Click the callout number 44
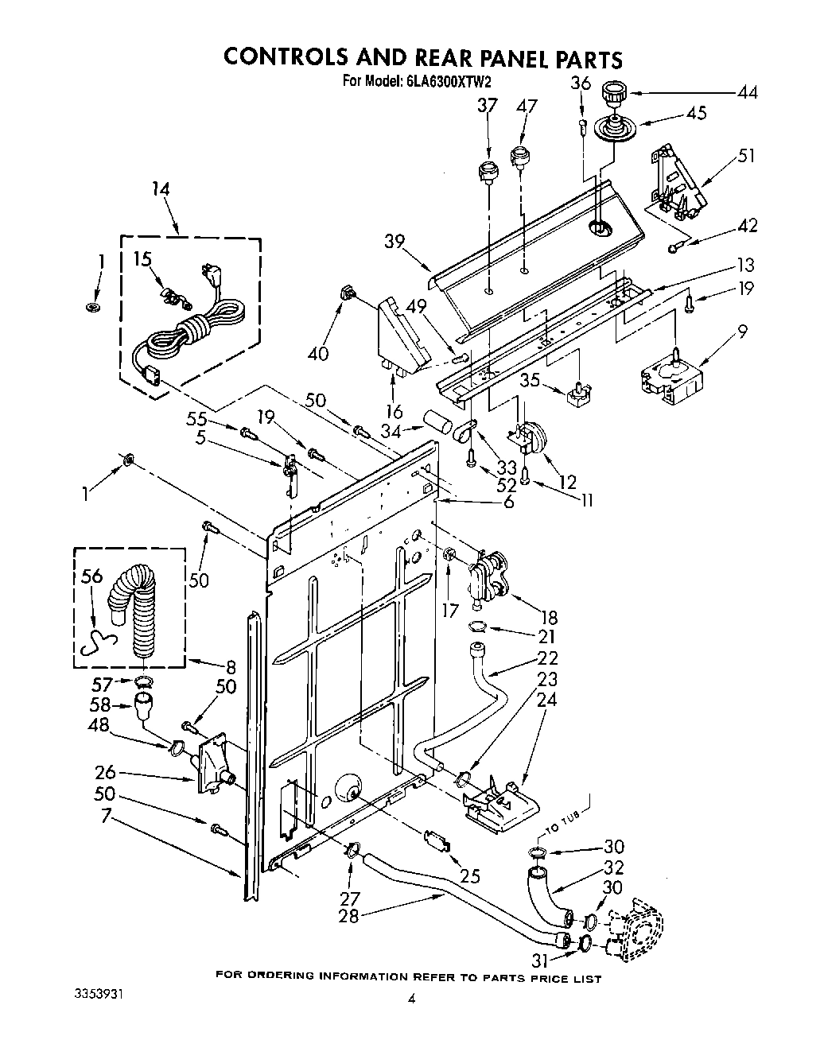pyautogui.click(x=747, y=92)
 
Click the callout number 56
pyautogui.click(x=92, y=576)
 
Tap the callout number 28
pyautogui.click(x=348, y=915)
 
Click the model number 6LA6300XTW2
pyautogui.click(x=446, y=80)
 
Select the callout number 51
pyautogui.click(x=747, y=156)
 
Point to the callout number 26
pyautogui.click(x=106, y=771)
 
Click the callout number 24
pyautogui.click(x=548, y=700)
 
